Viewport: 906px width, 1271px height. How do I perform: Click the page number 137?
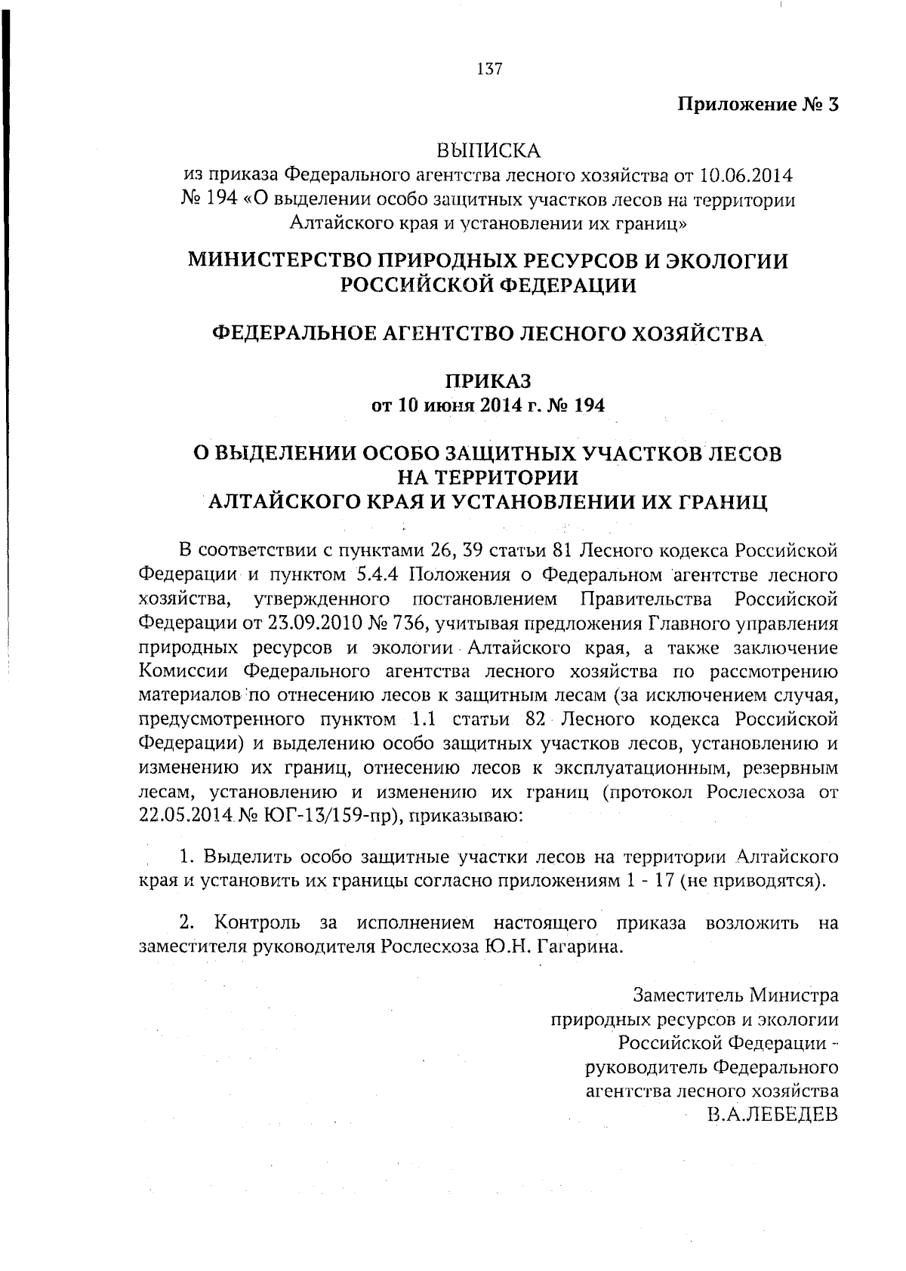pos(489,69)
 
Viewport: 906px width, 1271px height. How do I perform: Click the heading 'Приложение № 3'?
pos(757,104)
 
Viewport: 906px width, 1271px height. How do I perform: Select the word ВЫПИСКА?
pos(489,151)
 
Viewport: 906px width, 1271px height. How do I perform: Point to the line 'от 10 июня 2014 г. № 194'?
pos(488,406)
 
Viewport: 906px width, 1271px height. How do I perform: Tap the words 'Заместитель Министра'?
pos(735,994)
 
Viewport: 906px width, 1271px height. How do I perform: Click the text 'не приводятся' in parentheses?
pos(748,882)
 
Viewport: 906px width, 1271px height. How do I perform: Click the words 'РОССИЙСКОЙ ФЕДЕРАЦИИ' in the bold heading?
pos(488,285)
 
